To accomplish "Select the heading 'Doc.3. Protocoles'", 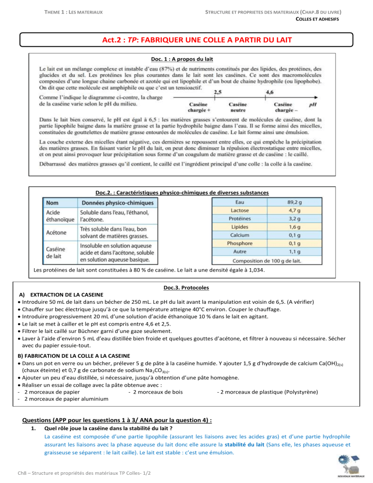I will [x=187, y=288].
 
